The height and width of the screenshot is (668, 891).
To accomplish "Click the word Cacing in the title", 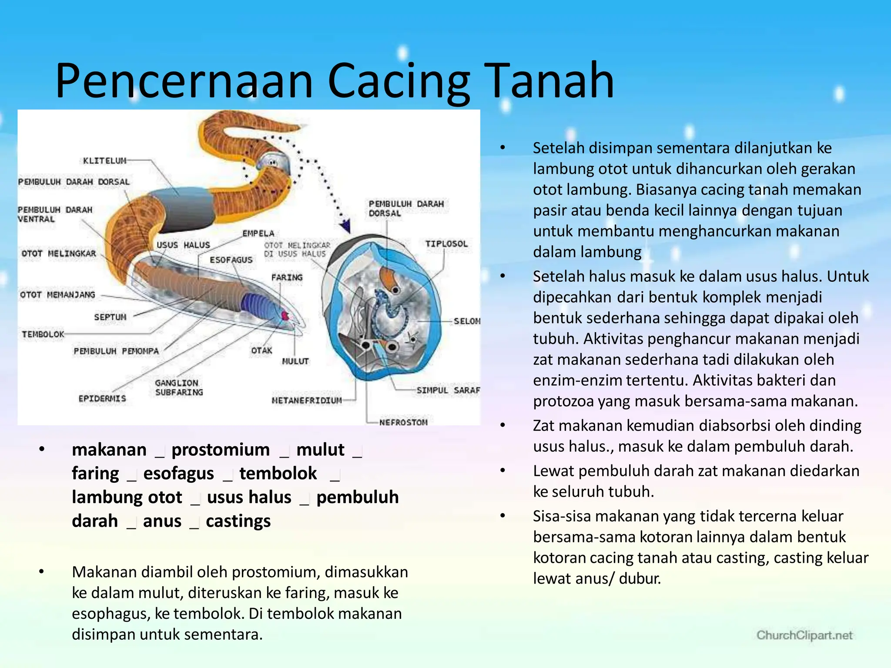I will (399, 82).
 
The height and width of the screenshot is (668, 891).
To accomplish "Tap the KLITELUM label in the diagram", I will (104, 161).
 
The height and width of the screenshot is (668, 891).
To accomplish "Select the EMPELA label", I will (258, 234).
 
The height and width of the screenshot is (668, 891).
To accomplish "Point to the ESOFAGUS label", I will (231, 260).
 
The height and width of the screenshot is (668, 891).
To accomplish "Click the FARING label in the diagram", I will (287, 277).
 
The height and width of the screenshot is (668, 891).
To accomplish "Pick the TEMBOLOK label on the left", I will (43, 334).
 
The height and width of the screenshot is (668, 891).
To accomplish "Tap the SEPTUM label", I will (110, 317).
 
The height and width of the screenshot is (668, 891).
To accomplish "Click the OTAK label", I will (261, 351).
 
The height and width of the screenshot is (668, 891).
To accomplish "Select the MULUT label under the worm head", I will (295, 361).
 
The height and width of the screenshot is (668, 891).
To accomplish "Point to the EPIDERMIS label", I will (102, 398).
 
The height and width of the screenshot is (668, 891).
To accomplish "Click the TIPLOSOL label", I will (446, 244).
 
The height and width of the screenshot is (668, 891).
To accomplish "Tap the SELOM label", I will (467, 321).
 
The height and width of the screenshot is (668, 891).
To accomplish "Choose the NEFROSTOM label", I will (403, 422).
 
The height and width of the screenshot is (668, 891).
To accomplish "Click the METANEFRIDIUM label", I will (307, 400).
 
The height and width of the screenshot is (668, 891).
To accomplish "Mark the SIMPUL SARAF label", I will (448, 390).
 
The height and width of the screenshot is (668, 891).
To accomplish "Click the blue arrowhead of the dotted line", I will (345, 226).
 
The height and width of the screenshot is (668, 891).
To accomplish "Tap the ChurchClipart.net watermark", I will (804, 635).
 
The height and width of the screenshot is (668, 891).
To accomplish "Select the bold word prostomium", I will (221, 450).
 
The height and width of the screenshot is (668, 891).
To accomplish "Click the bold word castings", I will (238, 521).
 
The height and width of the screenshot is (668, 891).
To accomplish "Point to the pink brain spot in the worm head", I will (285, 315).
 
